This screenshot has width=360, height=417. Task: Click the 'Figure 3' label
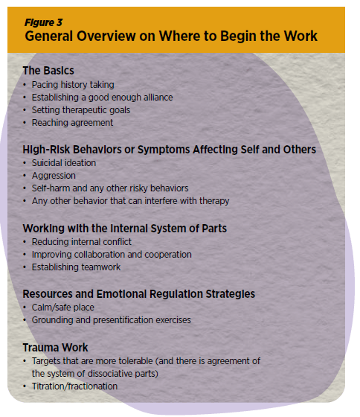coord(44,22)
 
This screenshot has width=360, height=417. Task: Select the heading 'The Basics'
coord(48,71)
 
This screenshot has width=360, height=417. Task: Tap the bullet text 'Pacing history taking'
coord(73,85)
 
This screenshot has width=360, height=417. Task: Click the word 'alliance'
coord(158,98)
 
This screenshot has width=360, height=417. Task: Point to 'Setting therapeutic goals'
coord(81,110)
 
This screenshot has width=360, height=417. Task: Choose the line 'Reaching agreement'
coord(73,123)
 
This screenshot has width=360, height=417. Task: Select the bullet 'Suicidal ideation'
coord(64,163)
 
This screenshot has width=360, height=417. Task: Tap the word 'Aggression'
coord(54,176)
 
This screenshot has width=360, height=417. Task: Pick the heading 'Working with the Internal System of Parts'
coord(125,229)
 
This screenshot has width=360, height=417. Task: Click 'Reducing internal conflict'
coord(82,242)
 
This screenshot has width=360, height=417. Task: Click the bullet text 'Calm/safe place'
coord(63,308)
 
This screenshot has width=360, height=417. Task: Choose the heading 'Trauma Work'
coord(55,348)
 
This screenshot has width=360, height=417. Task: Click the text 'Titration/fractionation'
coord(74,386)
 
